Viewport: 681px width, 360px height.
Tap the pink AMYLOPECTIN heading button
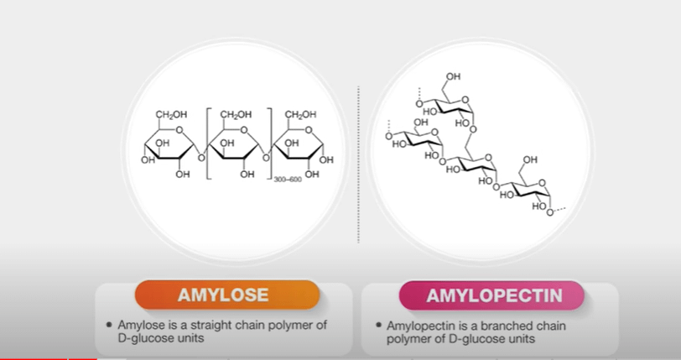[491, 295]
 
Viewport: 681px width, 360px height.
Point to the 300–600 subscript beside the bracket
[288, 180]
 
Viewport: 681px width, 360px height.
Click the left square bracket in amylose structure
[209, 143]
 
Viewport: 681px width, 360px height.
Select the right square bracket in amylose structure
[269, 143]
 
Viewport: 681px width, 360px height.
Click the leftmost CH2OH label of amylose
[171, 114]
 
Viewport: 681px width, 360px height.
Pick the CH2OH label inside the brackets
[236, 114]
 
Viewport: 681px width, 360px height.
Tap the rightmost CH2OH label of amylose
[300, 114]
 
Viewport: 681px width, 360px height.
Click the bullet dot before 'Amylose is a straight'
[109, 325]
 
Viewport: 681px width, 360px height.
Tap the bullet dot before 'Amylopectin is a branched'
[379, 325]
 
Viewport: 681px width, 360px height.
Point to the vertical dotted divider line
[358, 164]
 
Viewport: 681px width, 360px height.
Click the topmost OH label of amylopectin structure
[453, 77]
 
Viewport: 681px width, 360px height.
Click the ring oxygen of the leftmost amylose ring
[179, 130]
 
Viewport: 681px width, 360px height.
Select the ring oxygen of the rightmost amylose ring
[309, 130]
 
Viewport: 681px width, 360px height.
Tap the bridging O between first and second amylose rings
[201, 158]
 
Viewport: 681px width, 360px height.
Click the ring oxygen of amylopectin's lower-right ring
[542, 183]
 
